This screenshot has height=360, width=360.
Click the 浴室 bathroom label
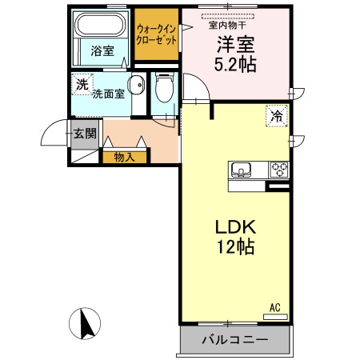click(x=102, y=51)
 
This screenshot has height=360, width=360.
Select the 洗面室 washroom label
click(x=108, y=94)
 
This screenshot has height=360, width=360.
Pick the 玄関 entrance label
click(x=84, y=134)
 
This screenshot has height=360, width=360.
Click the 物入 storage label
click(x=124, y=157)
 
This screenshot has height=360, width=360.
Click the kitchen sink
click(x=242, y=170)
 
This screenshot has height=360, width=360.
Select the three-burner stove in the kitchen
click(x=279, y=170)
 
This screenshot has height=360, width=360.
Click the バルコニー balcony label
click(x=233, y=340)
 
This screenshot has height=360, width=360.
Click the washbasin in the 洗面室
click(x=137, y=85)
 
